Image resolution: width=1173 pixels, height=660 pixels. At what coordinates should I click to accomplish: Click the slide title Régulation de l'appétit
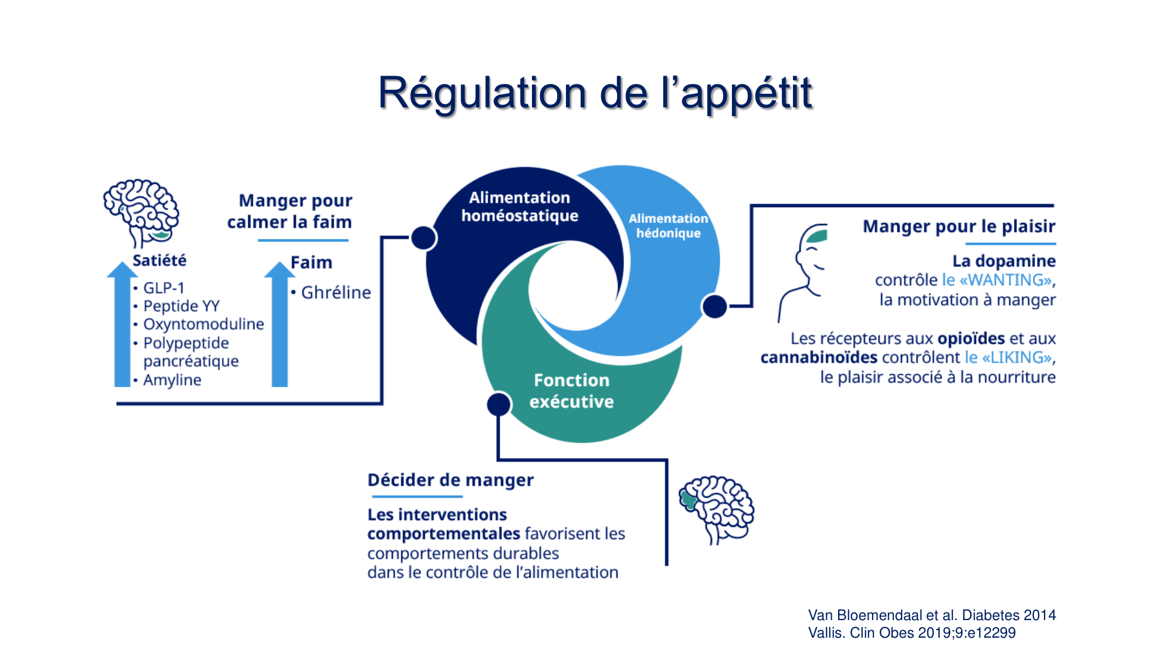[595, 93]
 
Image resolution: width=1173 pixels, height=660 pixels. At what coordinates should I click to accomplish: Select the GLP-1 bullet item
[164, 288]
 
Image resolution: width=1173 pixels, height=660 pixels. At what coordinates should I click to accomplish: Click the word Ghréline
[336, 292]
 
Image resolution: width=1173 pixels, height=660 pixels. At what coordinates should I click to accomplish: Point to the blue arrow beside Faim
[280, 326]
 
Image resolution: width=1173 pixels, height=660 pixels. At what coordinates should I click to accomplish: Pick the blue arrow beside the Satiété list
[122, 326]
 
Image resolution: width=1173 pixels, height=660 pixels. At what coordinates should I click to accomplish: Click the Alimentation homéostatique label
[520, 207]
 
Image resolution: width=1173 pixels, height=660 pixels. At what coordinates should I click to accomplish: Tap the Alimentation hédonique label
[668, 226]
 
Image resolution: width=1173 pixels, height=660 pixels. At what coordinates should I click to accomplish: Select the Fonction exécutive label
[571, 391]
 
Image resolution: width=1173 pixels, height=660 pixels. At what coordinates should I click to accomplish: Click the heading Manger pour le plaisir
[959, 226]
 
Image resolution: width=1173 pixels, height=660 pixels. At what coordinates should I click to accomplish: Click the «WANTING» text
[1005, 280]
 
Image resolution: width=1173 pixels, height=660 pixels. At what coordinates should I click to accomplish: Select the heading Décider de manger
[450, 480]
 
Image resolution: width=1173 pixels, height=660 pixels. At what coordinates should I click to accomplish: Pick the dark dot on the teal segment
[499, 404]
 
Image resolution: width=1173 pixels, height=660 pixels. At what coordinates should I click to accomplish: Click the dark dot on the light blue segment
[714, 306]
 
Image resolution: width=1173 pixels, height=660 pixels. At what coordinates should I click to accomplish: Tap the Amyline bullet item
[172, 380]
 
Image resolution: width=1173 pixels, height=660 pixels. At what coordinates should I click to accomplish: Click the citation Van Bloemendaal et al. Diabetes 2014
[931, 615]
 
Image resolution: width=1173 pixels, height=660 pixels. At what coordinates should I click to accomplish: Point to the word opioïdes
[971, 339]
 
